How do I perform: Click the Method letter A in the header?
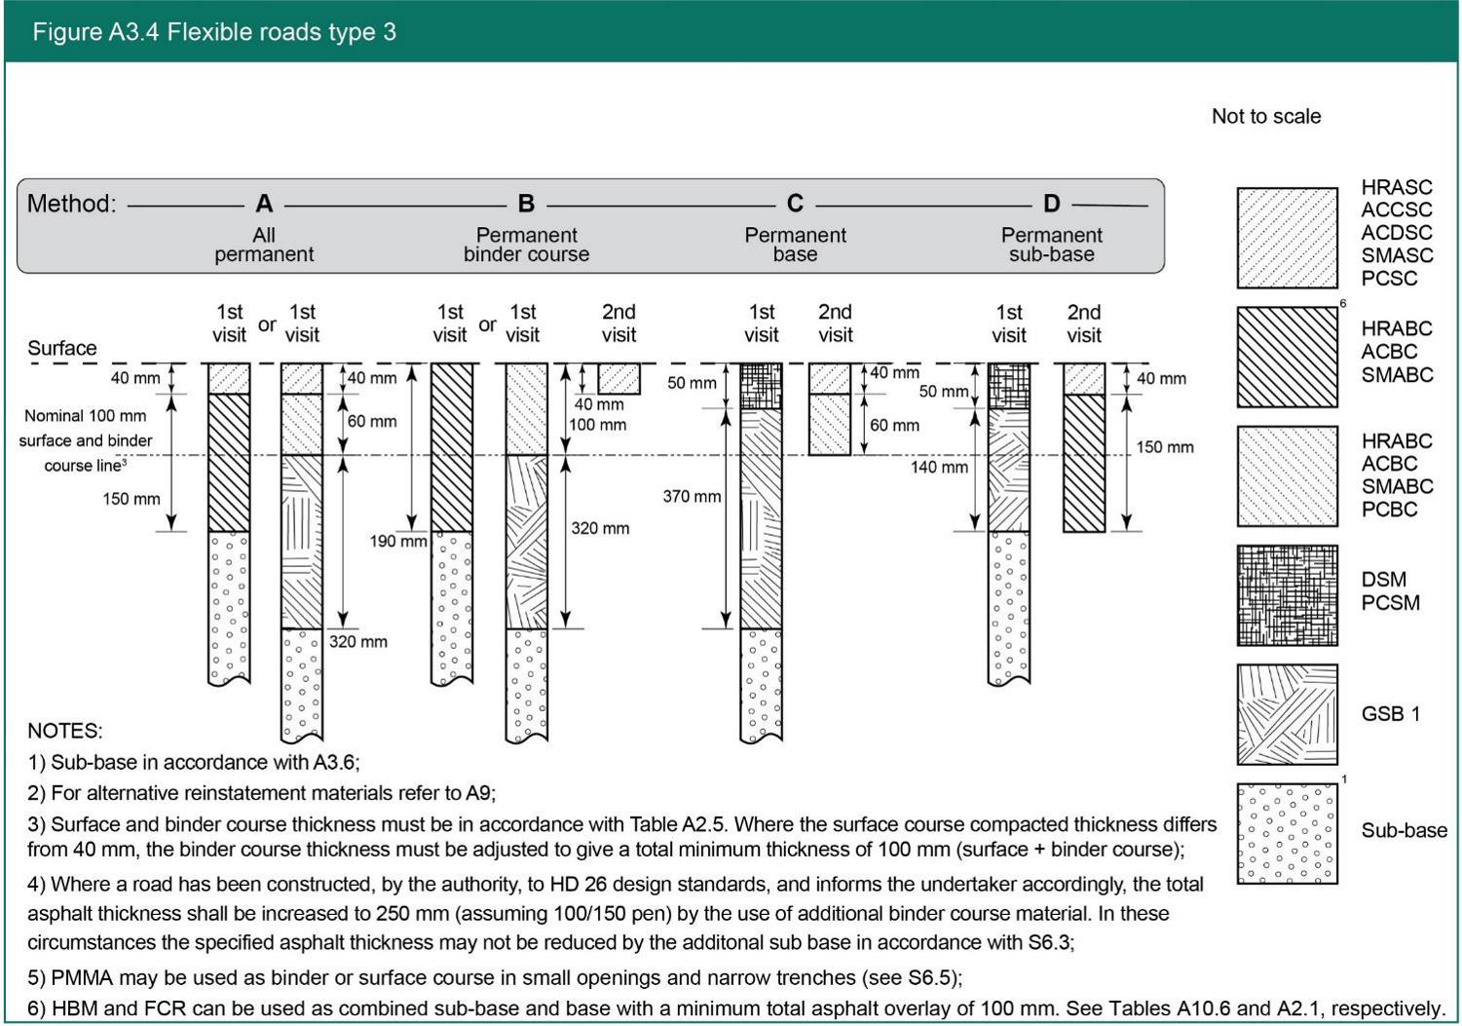[x=264, y=204]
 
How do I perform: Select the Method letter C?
[x=795, y=204]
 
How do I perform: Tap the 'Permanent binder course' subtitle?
[x=526, y=245]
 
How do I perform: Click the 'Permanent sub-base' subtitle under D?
[x=1051, y=245]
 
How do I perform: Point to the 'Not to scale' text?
[x=1265, y=116]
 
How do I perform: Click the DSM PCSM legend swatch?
[x=1287, y=595]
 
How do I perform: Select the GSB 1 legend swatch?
[x=1287, y=715]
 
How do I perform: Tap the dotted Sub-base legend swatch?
[x=1287, y=834]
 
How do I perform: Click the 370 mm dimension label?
[x=692, y=496]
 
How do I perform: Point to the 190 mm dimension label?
[x=397, y=541]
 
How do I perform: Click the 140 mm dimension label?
[x=939, y=467]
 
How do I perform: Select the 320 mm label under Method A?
[x=357, y=641]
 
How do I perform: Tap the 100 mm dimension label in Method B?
[x=597, y=425]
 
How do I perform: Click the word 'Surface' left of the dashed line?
[x=62, y=348]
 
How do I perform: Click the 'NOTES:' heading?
[x=64, y=731]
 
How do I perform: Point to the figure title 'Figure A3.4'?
[x=95, y=32]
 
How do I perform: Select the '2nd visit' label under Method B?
[x=619, y=323]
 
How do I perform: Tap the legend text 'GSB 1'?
[x=1390, y=713]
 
